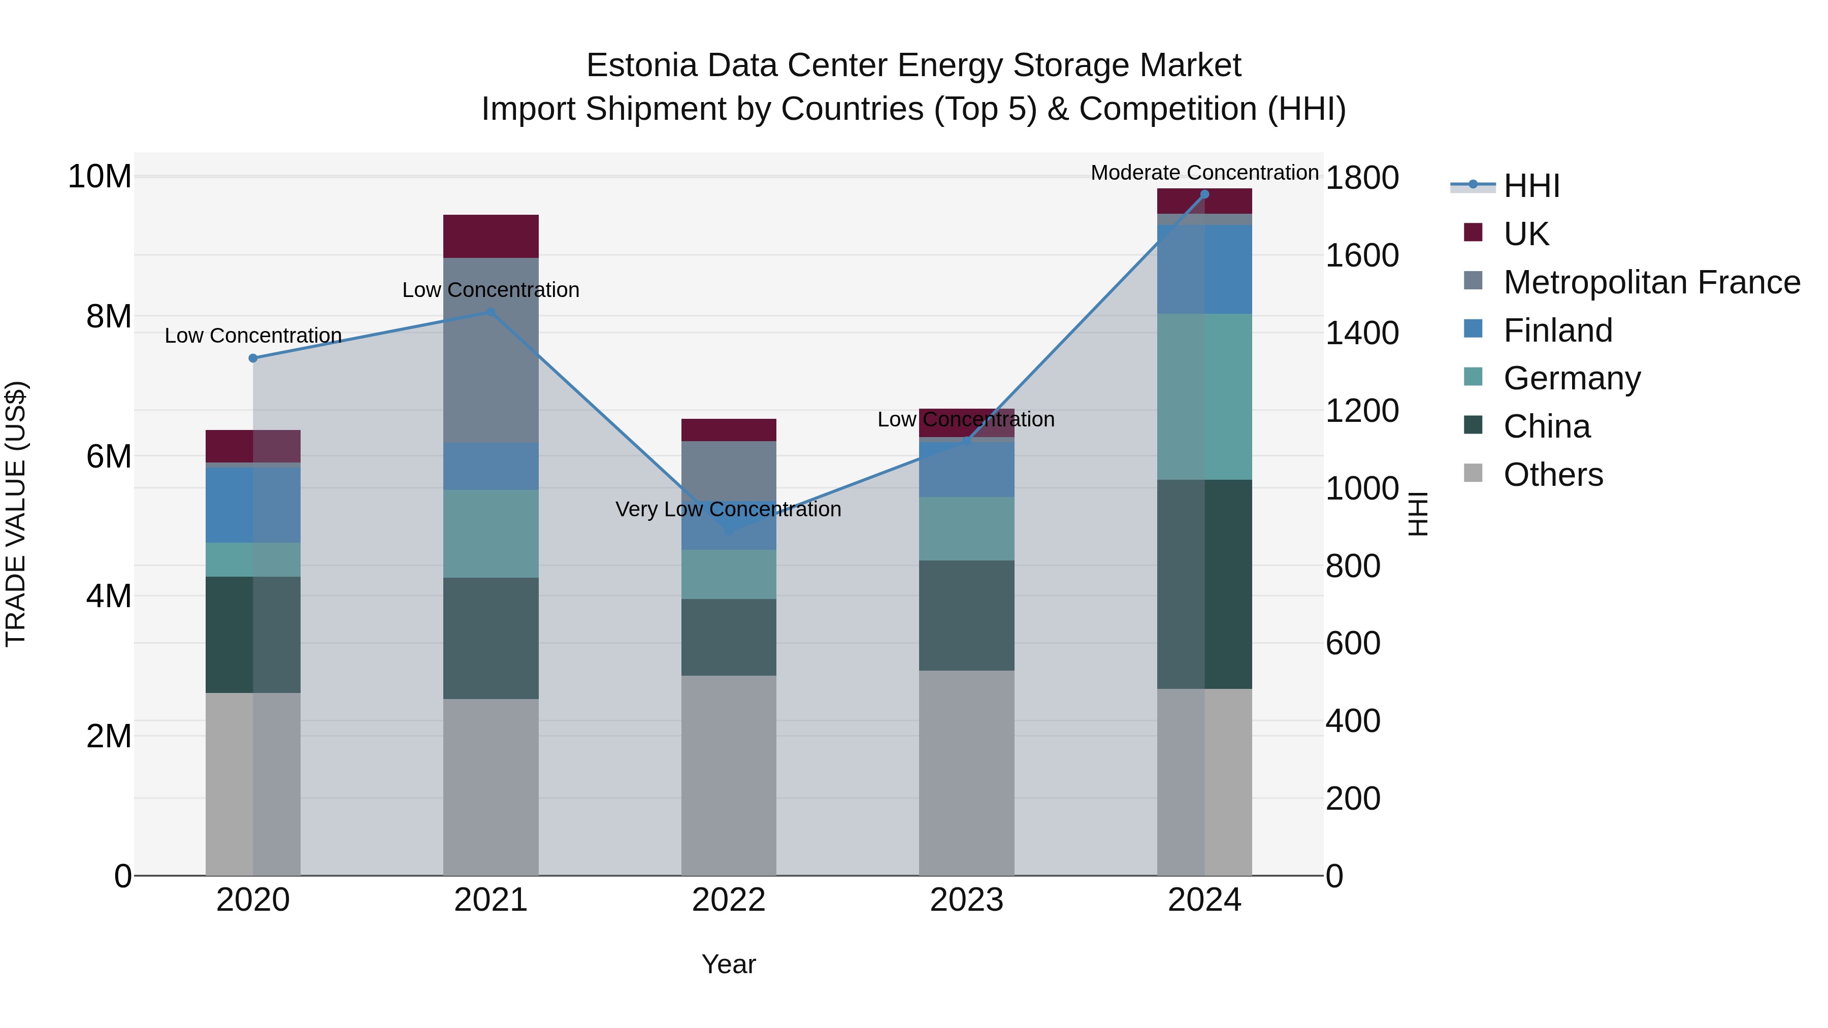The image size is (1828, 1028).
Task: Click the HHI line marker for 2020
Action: tap(253, 358)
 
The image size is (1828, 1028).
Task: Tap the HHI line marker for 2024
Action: tap(1204, 194)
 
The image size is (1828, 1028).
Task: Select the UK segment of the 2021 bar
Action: tap(491, 236)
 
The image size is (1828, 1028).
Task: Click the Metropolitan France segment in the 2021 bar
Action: tap(491, 350)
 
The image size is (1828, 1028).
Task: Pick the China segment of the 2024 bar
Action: tap(1204, 584)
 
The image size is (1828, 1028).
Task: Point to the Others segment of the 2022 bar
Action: tap(728, 775)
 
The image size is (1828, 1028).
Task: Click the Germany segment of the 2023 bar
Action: tap(966, 528)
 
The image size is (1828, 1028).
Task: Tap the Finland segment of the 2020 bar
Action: tap(253, 505)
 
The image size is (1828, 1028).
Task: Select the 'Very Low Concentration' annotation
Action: tap(728, 509)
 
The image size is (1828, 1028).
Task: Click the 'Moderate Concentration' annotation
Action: tap(1204, 173)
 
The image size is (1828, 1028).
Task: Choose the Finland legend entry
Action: tap(1558, 330)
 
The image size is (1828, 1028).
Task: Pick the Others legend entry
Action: tap(1553, 475)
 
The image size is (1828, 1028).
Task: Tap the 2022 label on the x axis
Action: tap(728, 900)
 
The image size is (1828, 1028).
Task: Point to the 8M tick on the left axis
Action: tap(109, 316)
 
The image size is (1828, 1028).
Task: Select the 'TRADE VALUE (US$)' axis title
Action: tap(16, 514)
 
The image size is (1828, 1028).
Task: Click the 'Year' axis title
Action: tap(728, 964)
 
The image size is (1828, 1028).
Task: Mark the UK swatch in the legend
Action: tap(1473, 233)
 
